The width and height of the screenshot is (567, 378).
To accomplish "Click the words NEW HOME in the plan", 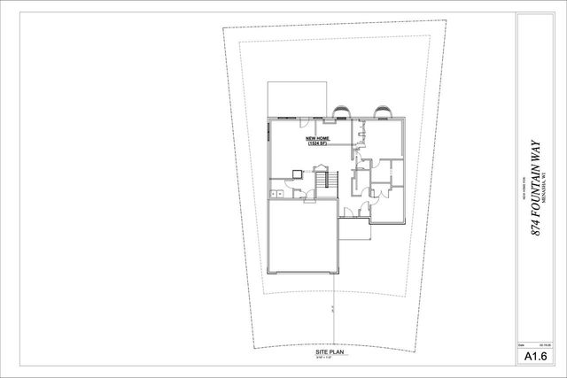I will coord(317,139).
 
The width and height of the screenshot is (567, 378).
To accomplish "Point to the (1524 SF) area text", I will coord(317,144).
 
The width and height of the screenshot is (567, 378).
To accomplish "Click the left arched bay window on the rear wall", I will coord(344,111).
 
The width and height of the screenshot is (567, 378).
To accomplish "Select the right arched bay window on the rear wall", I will coord(384,111).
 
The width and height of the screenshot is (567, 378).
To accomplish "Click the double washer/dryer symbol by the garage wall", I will coord(276,194).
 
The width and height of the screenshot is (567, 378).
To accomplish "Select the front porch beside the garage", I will coord(353,230).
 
